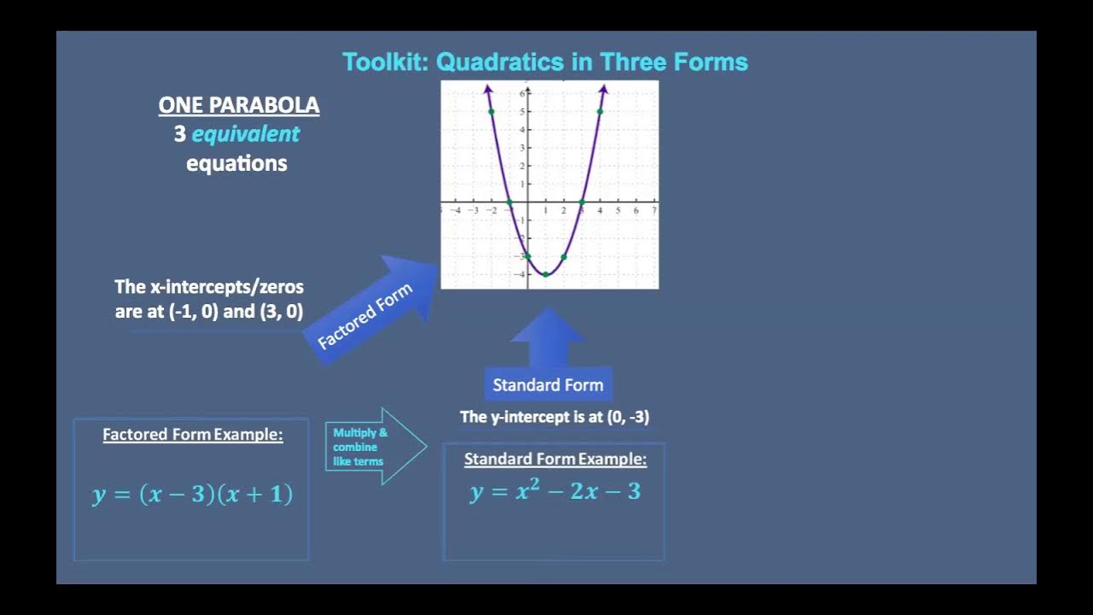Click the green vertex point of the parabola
[x=546, y=274]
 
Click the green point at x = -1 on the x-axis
[x=510, y=202]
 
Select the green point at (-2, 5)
[x=491, y=112]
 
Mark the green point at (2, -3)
[x=564, y=256]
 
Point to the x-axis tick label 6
[x=636, y=211]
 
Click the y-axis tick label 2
[x=522, y=166]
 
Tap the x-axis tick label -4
[x=455, y=211]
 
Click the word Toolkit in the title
[x=384, y=62]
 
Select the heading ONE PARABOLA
[x=239, y=106]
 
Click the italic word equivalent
[x=246, y=134]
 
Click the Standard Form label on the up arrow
[x=547, y=385]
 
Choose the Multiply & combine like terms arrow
[x=374, y=447]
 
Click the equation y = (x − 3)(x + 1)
[x=192, y=495]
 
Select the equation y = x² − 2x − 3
[x=555, y=492]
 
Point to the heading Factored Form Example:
[x=192, y=435]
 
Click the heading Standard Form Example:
[x=555, y=460]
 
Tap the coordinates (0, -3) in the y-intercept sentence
[x=628, y=417]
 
